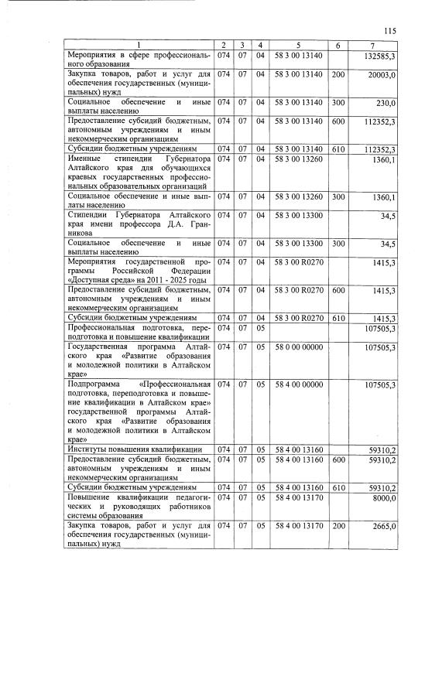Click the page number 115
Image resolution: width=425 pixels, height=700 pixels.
[389, 30]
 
